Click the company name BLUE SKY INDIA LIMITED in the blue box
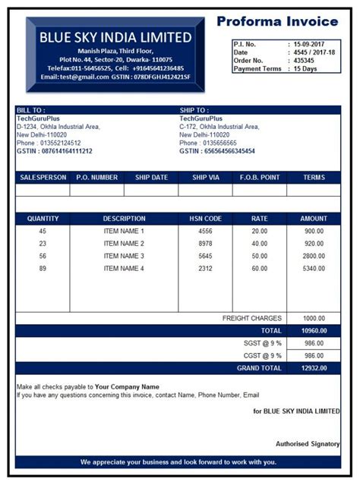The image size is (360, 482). coord(115,37)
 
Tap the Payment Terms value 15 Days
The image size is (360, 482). coord(305,69)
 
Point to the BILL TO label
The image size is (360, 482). coord(32,110)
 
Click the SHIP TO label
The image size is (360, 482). coord(194,110)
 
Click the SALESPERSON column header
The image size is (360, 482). coord(43,178)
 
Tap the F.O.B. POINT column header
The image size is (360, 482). coord(260,178)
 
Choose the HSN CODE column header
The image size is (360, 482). coord(205,219)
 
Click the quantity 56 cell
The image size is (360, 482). coord(43,256)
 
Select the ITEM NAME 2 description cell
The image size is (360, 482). coord(124,244)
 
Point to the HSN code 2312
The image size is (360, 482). coord(205,268)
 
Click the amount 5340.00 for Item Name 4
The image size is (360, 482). coord(314,268)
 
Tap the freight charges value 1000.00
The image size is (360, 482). coord(314,319)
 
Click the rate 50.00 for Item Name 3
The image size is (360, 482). coord(260,256)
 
